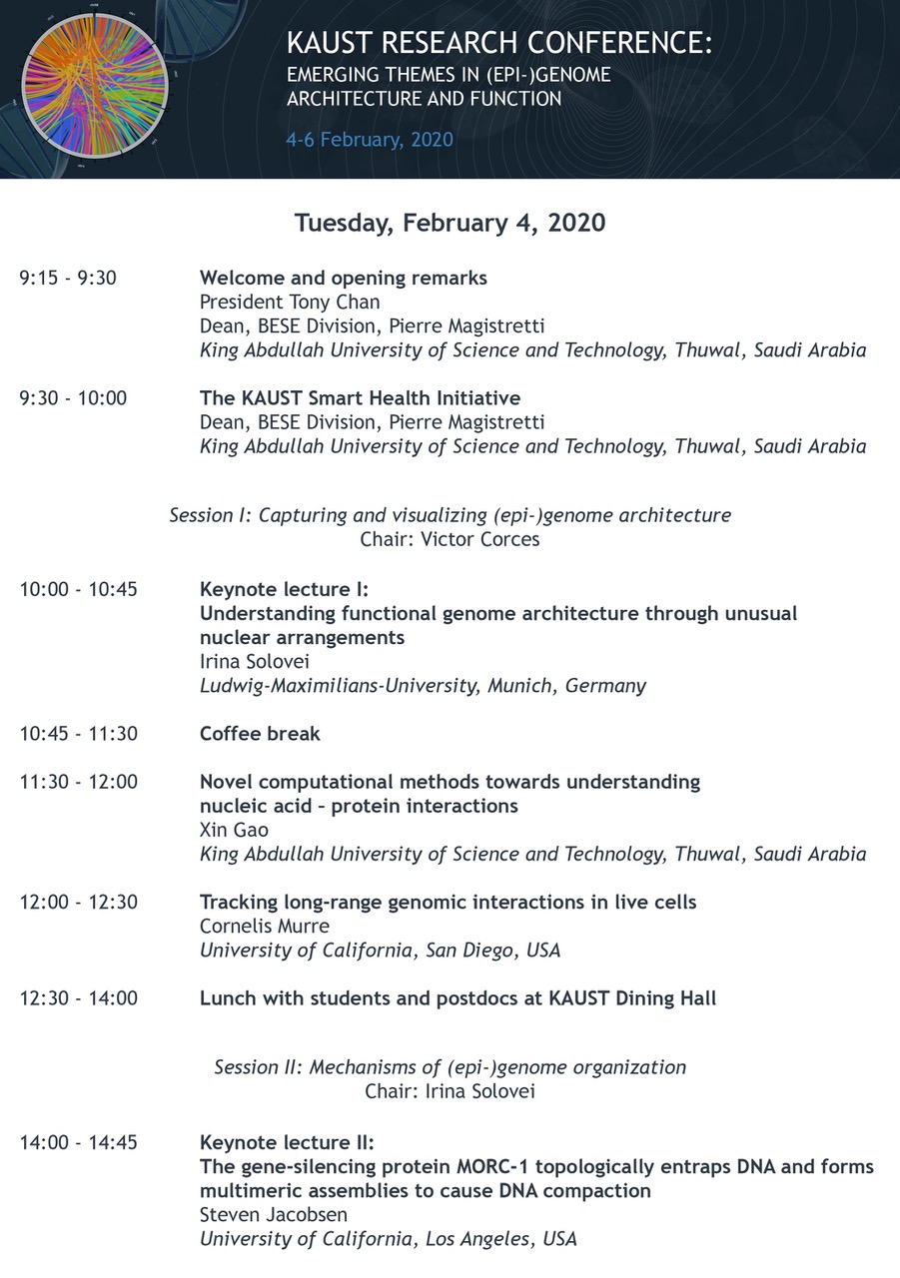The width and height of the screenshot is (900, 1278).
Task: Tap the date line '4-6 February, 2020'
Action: [x=369, y=139]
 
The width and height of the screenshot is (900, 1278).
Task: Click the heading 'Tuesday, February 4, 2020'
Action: [x=450, y=222]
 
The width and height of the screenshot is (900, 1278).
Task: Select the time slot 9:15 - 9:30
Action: [x=68, y=278]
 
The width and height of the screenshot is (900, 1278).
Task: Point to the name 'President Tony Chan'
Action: [x=290, y=302]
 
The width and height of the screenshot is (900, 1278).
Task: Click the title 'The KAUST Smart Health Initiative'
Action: [x=360, y=398]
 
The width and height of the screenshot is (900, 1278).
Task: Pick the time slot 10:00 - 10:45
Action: [x=78, y=589]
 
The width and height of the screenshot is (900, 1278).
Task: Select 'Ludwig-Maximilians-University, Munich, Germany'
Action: [x=423, y=685]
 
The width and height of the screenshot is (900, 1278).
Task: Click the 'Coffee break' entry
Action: [x=260, y=734]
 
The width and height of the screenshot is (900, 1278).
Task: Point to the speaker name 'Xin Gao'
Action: [x=234, y=830]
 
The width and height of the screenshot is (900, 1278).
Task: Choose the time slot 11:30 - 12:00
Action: [x=78, y=782]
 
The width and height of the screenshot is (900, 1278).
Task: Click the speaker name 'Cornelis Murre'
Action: [x=265, y=926]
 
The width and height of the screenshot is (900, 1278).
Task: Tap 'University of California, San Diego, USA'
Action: [x=380, y=950]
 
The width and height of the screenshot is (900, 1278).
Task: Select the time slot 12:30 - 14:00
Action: [x=78, y=997]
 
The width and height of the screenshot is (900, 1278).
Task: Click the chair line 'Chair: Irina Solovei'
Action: [x=450, y=1091]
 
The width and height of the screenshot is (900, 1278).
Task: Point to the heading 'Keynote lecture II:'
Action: [x=287, y=1142]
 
